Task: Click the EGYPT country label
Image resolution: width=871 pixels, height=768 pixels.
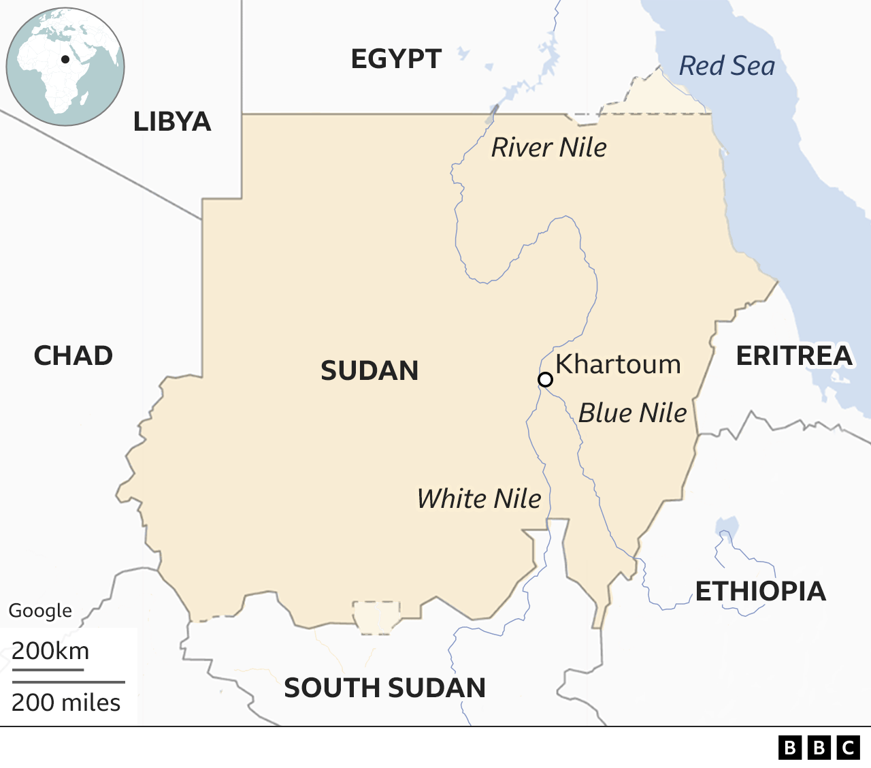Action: click(x=396, y=59)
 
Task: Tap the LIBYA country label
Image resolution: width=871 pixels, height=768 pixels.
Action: click(x=172, y=122)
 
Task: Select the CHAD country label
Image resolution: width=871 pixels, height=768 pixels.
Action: click(x=73, y=355)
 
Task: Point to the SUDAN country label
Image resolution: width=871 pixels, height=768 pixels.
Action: click(x=369, y=371)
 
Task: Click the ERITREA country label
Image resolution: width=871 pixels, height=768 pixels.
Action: click(x=794, y=355)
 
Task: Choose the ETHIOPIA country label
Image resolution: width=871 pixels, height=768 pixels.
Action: click(x=760, y=591)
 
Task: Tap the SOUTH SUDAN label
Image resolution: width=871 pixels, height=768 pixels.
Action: click(x=384, y=688)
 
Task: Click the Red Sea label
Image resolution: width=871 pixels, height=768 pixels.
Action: click(x=727, y=66)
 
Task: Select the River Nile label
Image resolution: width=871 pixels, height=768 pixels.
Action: click(x=548, y=148)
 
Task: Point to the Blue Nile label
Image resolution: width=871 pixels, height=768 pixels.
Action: click(x=632, y=413)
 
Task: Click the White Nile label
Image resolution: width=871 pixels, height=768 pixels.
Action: click(x=479, y=499)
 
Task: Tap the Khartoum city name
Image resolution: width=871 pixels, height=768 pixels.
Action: click(x=618, y=364)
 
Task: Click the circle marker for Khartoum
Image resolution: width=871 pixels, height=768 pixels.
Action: click(x=545, y=379)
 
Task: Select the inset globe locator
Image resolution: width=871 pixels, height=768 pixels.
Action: click(x=65, y=67)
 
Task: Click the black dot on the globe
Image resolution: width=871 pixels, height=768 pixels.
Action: click(x=65, y=59)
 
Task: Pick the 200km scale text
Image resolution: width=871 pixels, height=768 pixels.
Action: click(x=50, y=651)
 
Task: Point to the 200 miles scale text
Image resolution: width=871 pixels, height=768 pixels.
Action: click(x=66, y=702)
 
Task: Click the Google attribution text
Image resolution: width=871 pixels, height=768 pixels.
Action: click(x=40, y=611)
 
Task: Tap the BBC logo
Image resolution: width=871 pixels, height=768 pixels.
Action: click(x=819, y=748)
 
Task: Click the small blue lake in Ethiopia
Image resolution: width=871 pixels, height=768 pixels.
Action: click(x=727, y=526)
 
